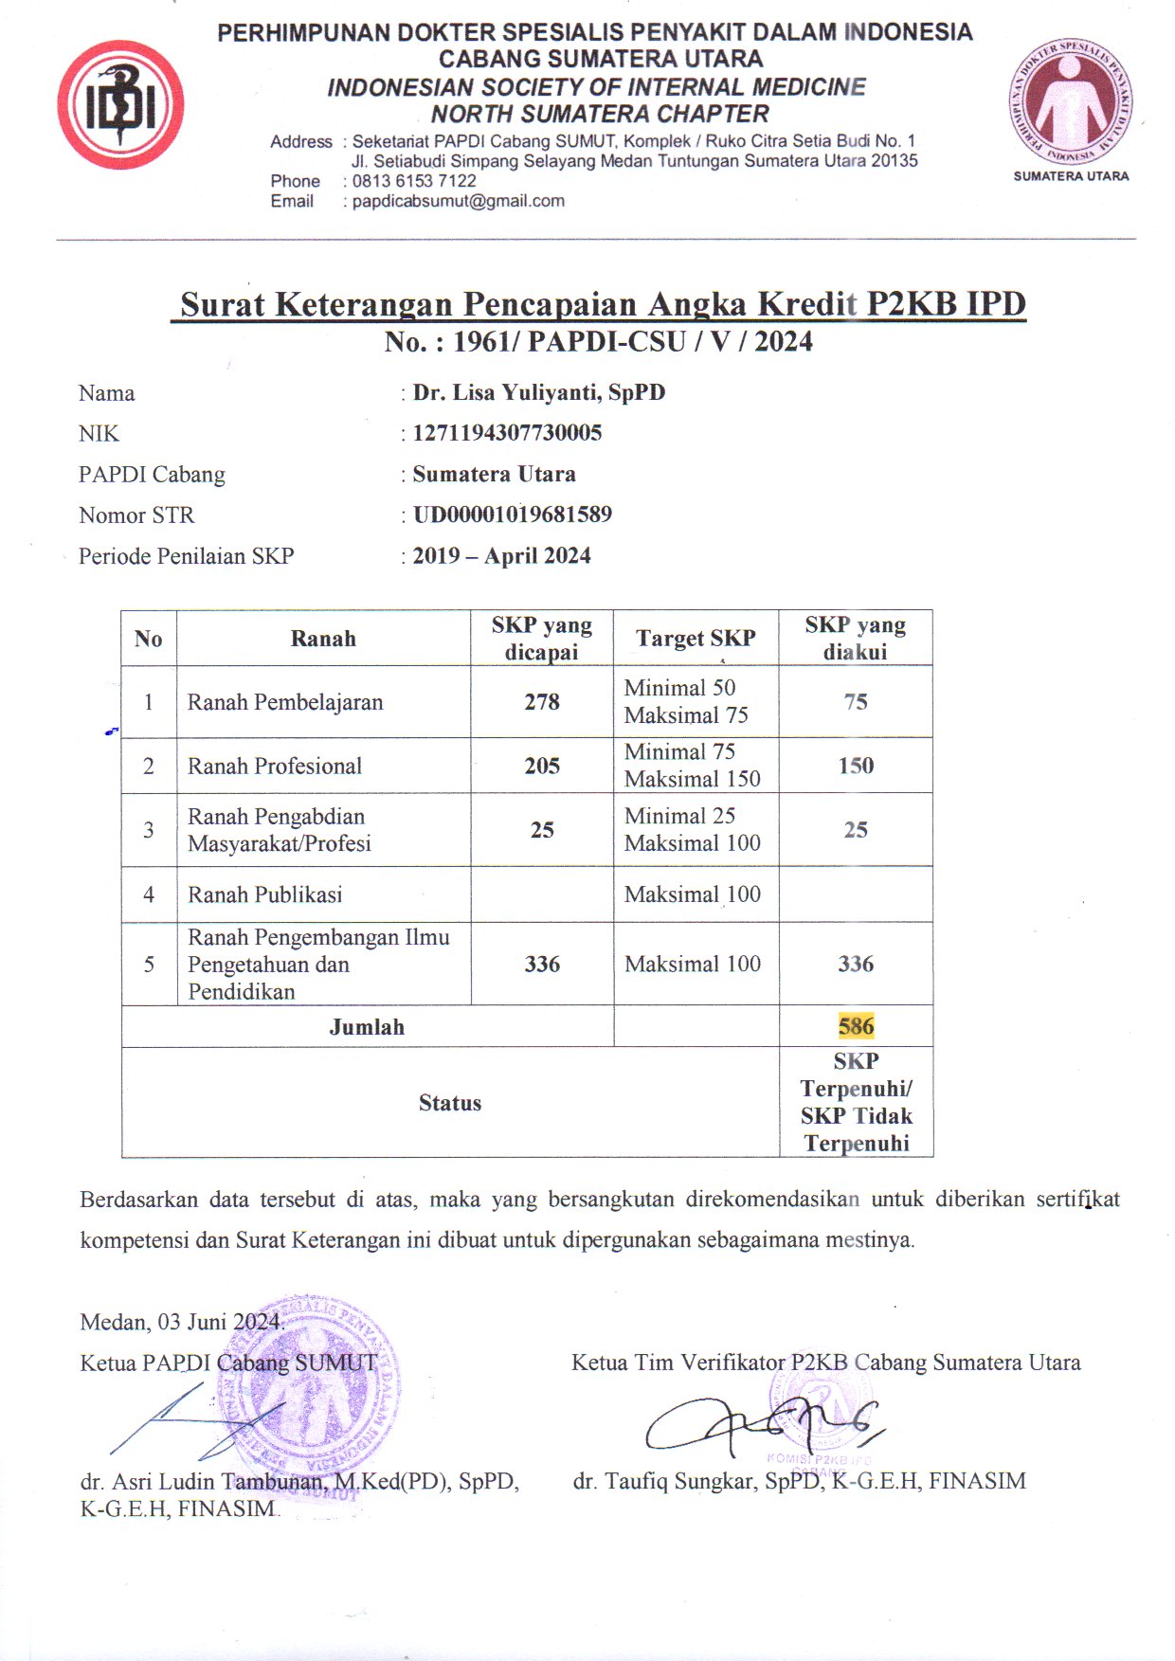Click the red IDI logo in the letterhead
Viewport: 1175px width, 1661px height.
pyautogui.click(x=120, y=105)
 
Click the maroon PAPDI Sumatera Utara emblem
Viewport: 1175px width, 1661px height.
pyautogui.click(x=1070, y=101)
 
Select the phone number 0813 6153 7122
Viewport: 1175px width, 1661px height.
pyautogui.click(x=414, y=181)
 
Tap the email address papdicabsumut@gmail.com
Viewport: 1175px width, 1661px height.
pyautogui.click(x=458, y=201)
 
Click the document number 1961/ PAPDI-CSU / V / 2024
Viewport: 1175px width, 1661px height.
pyautogui.click(x=632, y=341)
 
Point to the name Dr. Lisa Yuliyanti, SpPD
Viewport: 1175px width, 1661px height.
pyautogui.click(x=538, y=392)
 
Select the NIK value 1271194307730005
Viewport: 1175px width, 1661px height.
pyautogui.click(x=507, y=433)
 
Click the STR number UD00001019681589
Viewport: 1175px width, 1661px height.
pyautogui.click(x=512, y=515)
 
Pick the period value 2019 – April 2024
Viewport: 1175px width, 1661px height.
pyautogui.click(x=501, y=555)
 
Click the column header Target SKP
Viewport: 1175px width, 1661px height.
pyautogui.click(x=696, y=638)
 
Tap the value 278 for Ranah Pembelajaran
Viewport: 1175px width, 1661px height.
pyautogui.click(x=542, y=702)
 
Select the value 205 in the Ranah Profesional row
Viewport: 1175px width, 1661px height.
pyautogui.click(x=542, y=766)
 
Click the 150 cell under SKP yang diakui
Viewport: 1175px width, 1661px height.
pyautogui.click(x=856, y=766)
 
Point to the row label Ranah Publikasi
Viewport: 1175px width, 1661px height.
pyautogui.click(x=264, y=894)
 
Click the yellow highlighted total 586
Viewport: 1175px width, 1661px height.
pyautogui.click(x=856, y=1026)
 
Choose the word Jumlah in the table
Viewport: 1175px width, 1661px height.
pyautogui.click(x=367, y=1027)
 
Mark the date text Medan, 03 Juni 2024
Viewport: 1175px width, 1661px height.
pyautogui.click(x=181, y=1322)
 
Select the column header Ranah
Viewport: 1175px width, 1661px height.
pyautogui.click(x=323, y=639)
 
